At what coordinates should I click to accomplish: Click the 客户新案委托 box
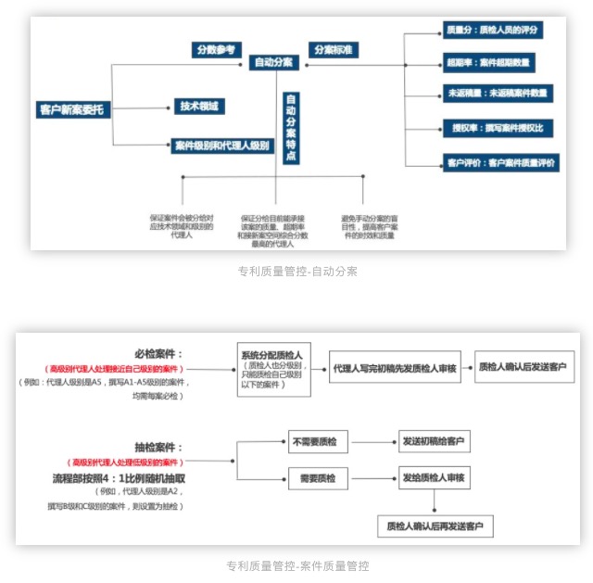[x=72, y=109]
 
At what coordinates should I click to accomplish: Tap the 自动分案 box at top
[x=276, y=62]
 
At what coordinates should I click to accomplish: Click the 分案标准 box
[x=332, y=49]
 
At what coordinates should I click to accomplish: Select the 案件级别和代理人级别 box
[x=221, y=146]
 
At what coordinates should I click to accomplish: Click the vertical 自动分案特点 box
[x=291, y=127]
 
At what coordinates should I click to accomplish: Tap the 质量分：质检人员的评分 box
[x=492, y=30]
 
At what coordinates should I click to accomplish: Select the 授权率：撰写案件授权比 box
[x=498, y=127]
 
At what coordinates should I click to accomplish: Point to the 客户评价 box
[x=501, y=162]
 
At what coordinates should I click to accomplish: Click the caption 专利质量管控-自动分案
[x=296, y=272]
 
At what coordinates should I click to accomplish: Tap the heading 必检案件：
[x=158, y=354]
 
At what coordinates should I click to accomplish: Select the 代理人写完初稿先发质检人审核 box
[x=395, y=369]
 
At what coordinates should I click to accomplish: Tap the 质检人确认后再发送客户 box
[x=439, y=526]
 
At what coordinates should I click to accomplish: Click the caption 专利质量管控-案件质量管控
[x=296, y=565]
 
